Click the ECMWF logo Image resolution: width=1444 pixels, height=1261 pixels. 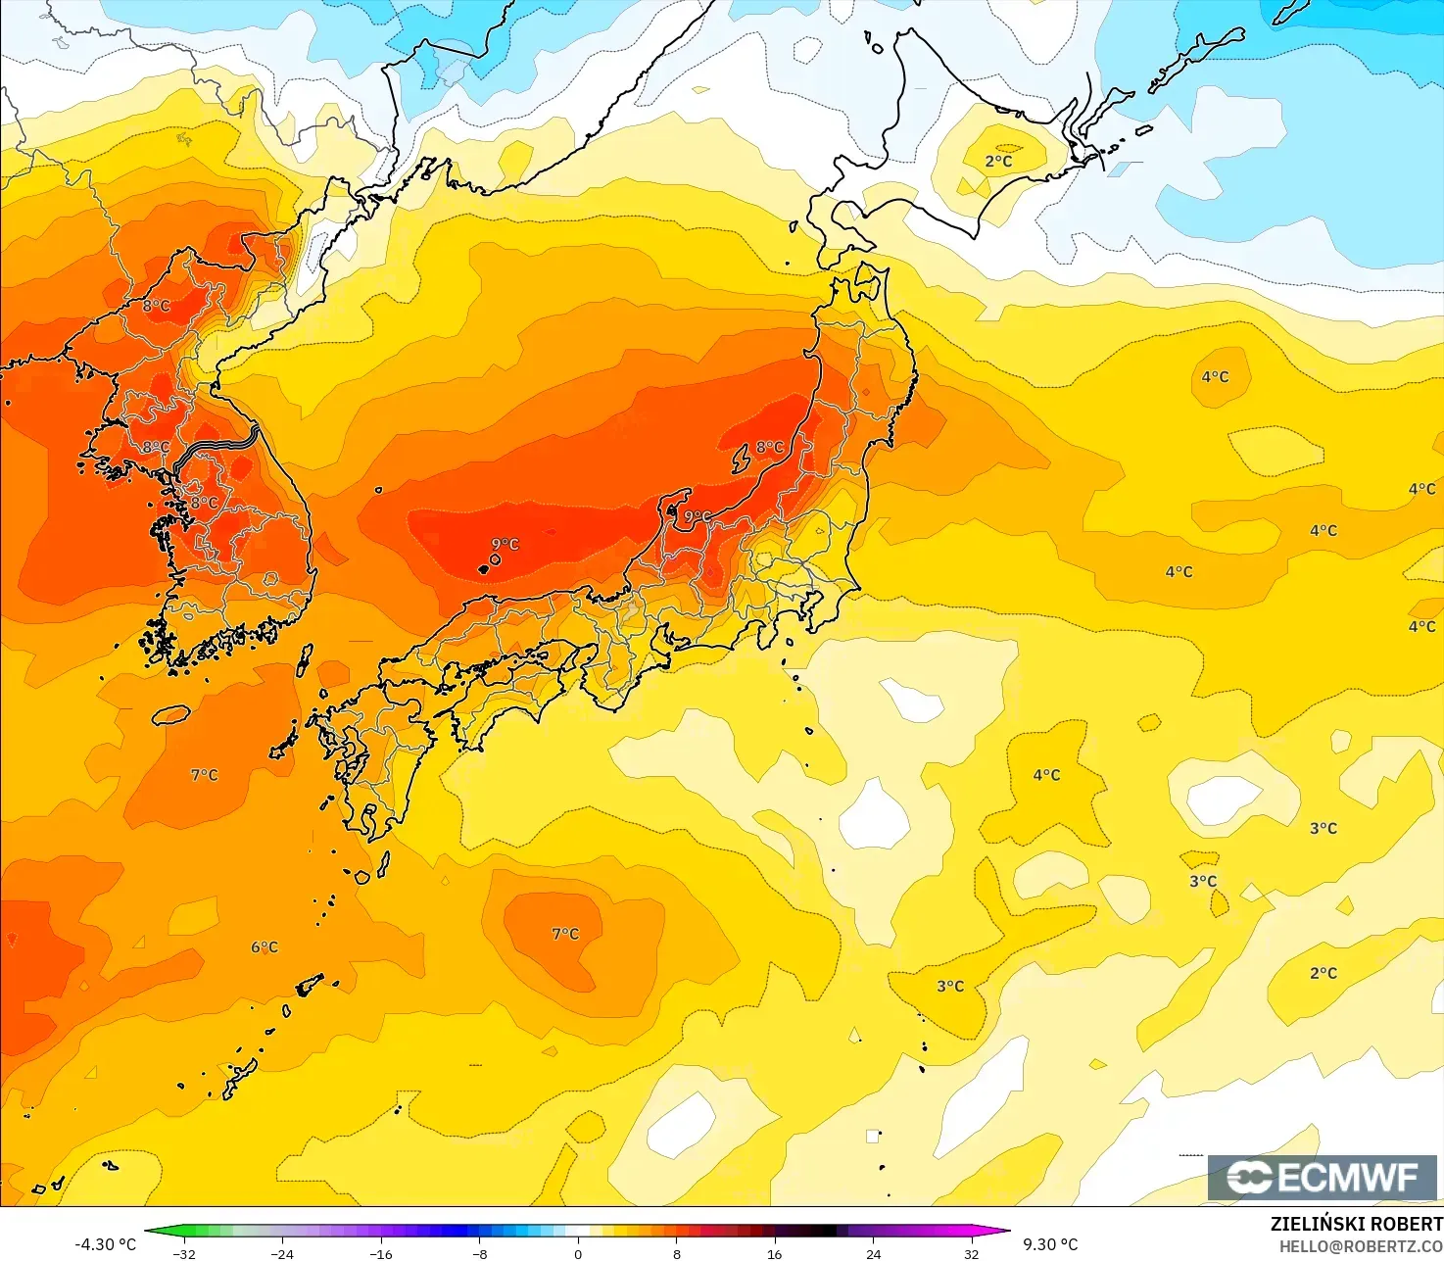[1323, 1177]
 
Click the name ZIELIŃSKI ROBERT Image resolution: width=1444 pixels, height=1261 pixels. [1356, 1224]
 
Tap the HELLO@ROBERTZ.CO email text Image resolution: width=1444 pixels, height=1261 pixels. [1361, 1245]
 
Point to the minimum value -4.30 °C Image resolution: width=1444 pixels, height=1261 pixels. [106, 1244]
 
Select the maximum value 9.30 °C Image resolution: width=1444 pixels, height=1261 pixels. [1050, 1244]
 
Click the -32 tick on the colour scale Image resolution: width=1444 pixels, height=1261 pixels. [184, 1253]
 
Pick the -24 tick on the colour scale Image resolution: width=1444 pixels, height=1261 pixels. [282, 1253]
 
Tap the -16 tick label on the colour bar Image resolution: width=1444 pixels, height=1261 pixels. [381, 1253]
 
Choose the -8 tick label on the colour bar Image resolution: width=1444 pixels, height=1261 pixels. [480, 1253]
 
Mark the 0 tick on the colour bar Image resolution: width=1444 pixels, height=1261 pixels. [578, 1253]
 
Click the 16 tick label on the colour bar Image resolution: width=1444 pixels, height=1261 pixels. [775, 1253]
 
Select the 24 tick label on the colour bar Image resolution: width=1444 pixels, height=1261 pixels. [873, 1253]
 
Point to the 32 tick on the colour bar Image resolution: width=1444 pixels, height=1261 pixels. [971, 1253]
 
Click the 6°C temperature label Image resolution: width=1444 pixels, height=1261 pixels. [265, 947]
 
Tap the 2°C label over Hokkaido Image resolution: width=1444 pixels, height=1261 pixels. [999, 162]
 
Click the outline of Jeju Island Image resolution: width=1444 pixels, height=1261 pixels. [171, 715]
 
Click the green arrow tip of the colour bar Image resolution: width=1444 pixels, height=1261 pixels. [150, 1232]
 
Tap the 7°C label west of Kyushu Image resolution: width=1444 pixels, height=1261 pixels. [205, 775]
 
